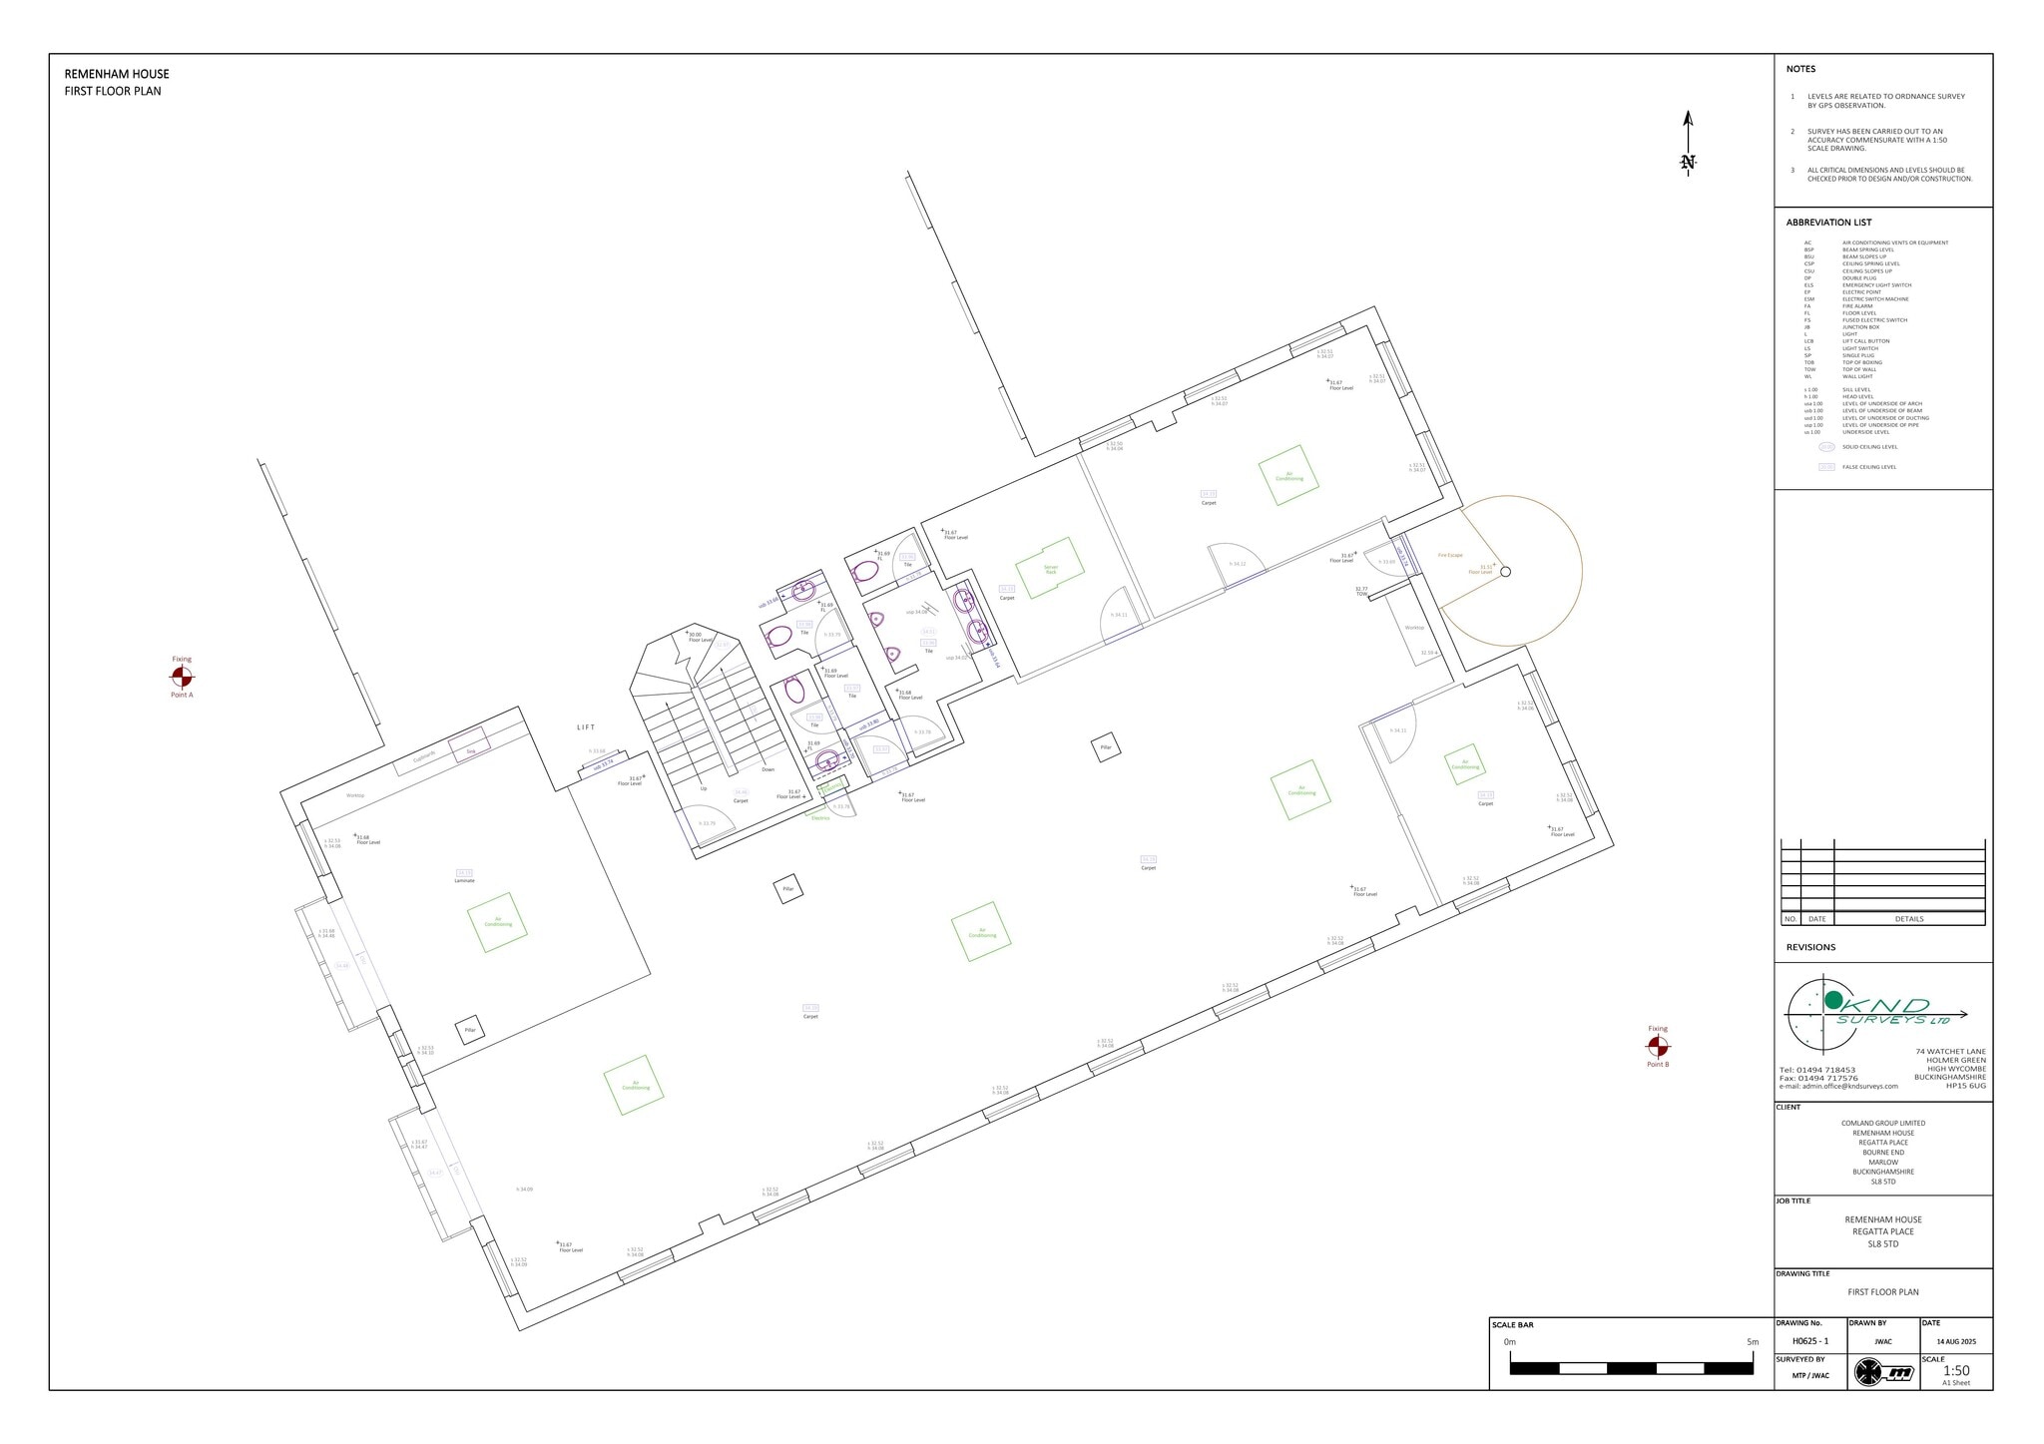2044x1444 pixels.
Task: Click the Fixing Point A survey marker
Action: pyautogui.click(x=182, y=677)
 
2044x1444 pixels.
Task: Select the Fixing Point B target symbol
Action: pyautogui.click(x=1657, y=1046)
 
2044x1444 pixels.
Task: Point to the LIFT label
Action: pyautogui.click(x=586, y=727)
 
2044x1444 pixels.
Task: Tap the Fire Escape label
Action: pyautogui.click(x=1450, y=555)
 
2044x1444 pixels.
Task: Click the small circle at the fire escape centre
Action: pyautogui.click(x=1506, y=572)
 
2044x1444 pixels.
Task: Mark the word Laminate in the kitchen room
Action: pyautogui.click(x=464, y=881)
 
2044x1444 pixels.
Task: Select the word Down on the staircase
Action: pyautogui.click(x=767, y=769)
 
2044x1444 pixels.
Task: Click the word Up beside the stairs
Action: pyautogui.click(x=703, y=788)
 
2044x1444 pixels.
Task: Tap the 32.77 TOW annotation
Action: pyautogui.click(x=1360, y=591)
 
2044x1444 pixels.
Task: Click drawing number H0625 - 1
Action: pyautogui.click(x=1809, y=1341)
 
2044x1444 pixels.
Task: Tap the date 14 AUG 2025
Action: pyautogui.click(x=1955, y=1341)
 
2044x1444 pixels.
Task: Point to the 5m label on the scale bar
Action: pyautogui.click(x=1753, y=1342)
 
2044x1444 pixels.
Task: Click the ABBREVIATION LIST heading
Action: pyautogui.click(x=1828, y=223)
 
